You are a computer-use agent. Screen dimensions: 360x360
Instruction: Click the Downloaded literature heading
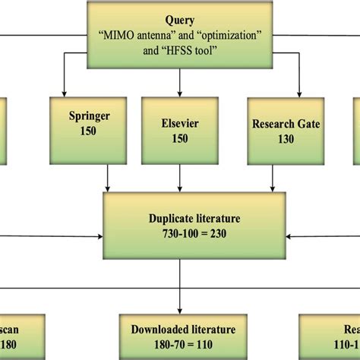[179, 330]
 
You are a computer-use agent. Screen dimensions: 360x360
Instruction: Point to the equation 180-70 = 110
[179, 343]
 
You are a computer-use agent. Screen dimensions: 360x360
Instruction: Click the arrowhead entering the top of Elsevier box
[179, 92]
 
